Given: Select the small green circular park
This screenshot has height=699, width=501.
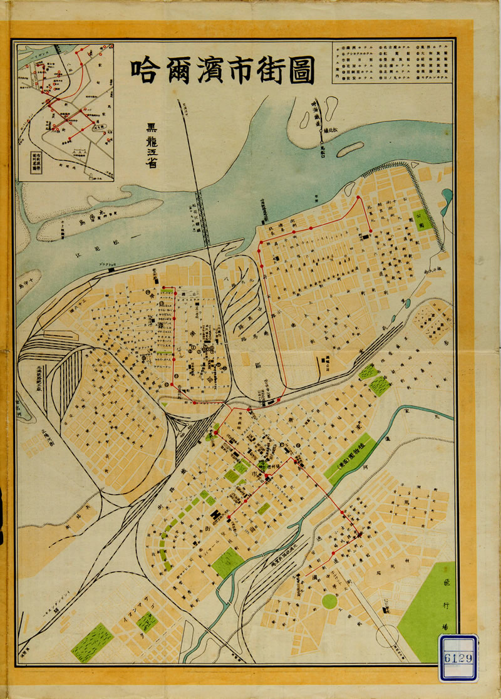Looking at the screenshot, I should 329,601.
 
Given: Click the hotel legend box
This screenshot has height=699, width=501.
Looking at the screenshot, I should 392,63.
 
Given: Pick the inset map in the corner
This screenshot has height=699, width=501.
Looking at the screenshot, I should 65,112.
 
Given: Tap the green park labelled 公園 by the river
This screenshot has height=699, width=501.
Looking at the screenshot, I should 424,220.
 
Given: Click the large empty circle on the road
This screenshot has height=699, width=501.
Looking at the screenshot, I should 388,635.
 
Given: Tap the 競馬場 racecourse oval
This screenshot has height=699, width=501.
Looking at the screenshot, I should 118,413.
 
